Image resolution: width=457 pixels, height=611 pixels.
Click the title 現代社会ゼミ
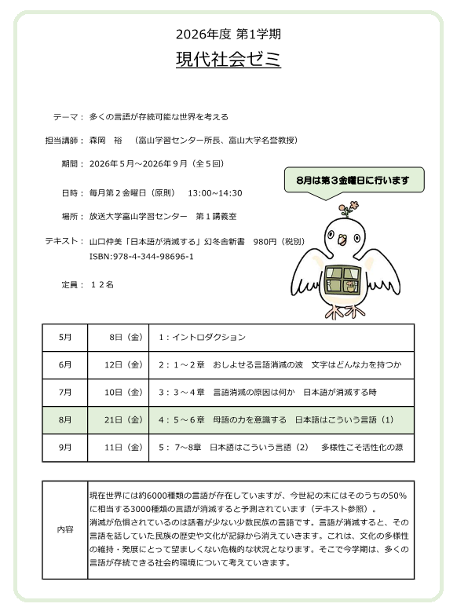(228, 60)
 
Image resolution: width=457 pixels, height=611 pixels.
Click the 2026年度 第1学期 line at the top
(228, 34)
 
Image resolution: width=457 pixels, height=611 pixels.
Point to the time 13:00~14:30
(214, 192)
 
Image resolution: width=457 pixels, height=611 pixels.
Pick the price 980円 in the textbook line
(268, 242)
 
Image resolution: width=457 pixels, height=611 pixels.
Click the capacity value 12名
(102, 284)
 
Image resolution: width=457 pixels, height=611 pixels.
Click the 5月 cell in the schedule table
(65, 337)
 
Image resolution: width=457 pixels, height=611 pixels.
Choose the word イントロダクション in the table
(207, 337)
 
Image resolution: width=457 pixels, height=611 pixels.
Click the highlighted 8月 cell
(65, 419)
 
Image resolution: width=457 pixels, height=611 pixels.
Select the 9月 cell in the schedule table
(65, 447)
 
